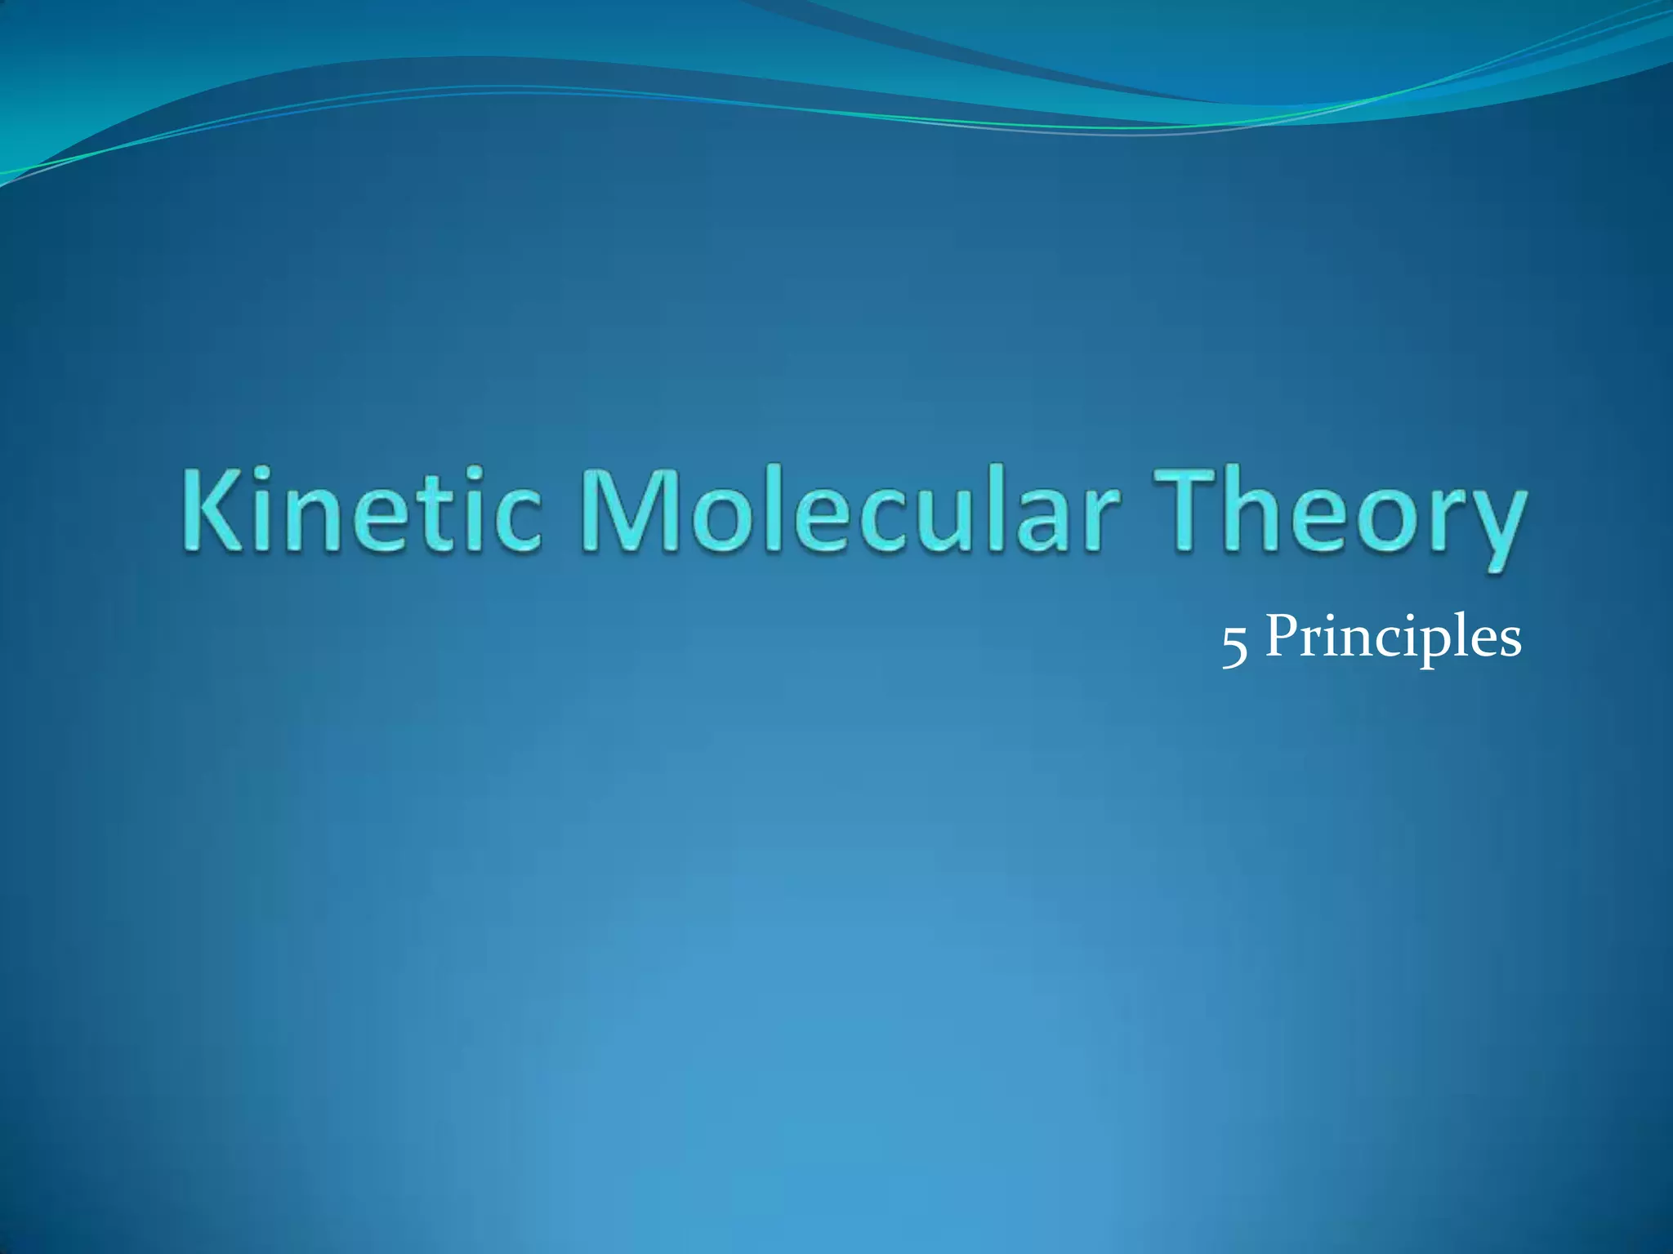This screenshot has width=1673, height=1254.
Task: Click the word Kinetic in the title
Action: point(359,513)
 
